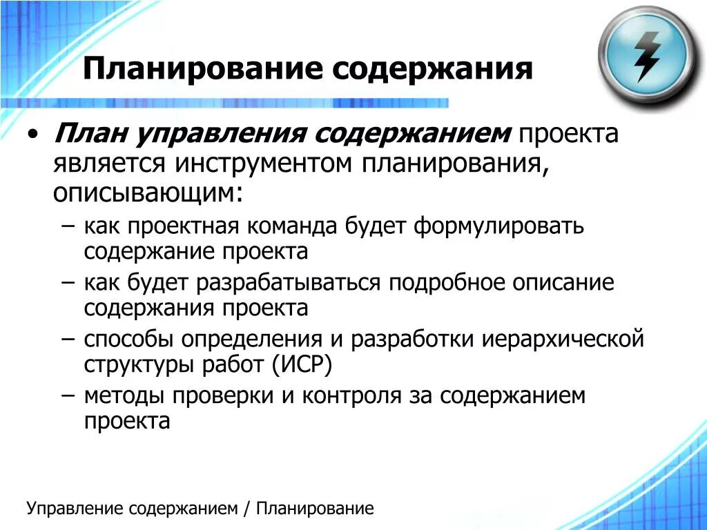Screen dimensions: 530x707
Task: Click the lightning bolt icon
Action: tap(646, 55)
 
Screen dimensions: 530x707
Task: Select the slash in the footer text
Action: tap(246, 509)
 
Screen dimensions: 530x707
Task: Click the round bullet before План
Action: tap(34, 134)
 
